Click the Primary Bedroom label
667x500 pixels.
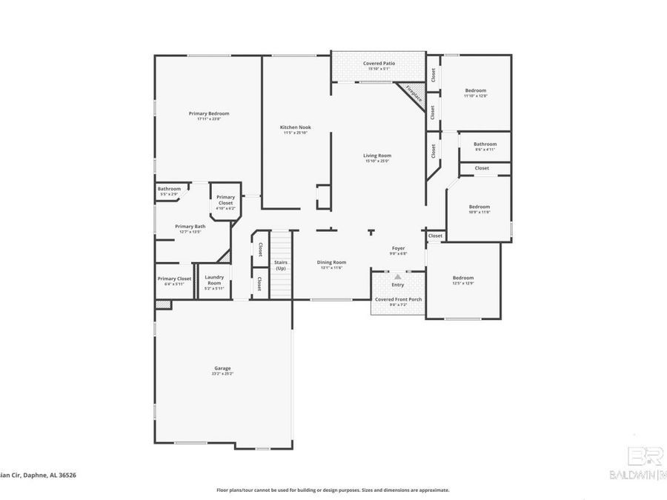click(x=208, y=113)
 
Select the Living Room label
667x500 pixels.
click(x=376, y=156)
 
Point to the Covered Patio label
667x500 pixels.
click(x=378, y=64)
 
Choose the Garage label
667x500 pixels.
click(x=222, y=368)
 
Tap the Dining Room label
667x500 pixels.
click(x=331, y=262)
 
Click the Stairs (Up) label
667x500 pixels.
click(x=281, y=265)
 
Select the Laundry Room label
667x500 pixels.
click(x=214, y=281)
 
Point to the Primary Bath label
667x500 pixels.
click(x=190, y=227)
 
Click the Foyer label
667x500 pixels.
click(x=398, y=248)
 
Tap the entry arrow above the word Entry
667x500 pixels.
click(x=397, y=276)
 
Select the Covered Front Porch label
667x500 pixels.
click(x=397, y=299)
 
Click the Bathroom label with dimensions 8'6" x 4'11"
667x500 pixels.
click(x=485, y=144)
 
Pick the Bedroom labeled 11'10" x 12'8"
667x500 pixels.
click(x=475, y=90)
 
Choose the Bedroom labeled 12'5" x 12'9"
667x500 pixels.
click(x=463, y=278)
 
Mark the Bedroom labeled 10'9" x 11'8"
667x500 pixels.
click(x=479, y=207)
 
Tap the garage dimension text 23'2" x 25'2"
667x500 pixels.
click(x=222, y=374)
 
